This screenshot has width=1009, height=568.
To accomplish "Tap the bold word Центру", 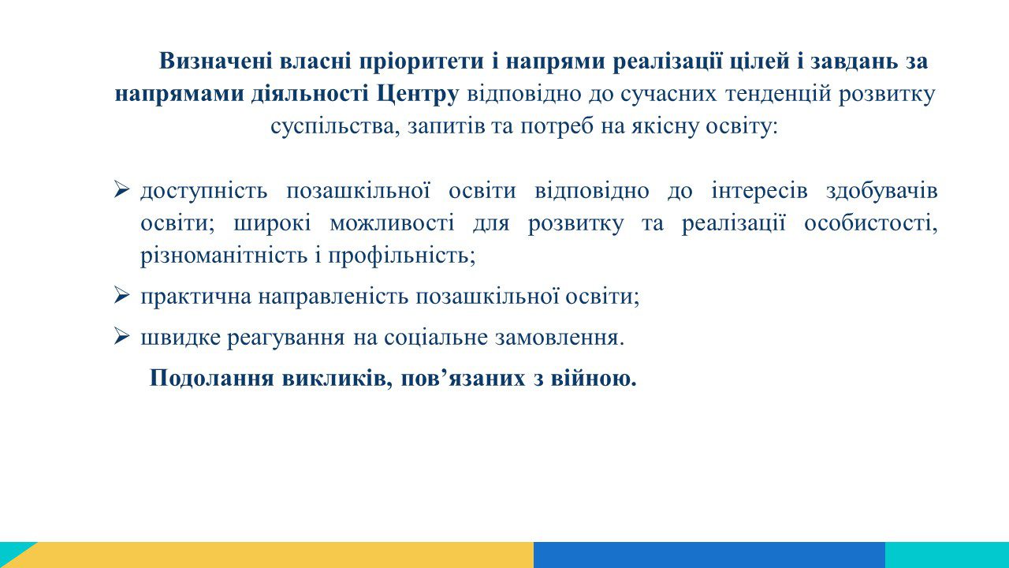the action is pos(418,94).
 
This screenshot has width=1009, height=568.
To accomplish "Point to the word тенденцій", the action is pos(778,94).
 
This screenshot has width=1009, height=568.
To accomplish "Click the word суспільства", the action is pos(335,127).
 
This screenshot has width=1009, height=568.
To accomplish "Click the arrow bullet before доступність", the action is pos(121,189).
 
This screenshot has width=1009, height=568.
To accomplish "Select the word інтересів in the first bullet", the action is pos(759,191).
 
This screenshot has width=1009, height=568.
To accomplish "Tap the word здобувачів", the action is pos(882,191).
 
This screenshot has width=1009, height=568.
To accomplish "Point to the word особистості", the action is pos(871,223).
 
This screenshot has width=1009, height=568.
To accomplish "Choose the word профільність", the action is pos(402,256).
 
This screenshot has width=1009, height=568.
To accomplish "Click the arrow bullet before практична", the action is pos(121,295).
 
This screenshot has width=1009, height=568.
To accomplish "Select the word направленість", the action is pos(333,297).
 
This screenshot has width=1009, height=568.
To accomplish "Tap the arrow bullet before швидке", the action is pos(121,336).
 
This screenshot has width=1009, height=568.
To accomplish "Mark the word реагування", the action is pos(285,338).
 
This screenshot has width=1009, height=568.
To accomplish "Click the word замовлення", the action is pos(560,337).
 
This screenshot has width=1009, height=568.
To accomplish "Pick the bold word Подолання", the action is pos(212,378).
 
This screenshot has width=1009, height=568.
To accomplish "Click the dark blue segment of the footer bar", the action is pos(709,555).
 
